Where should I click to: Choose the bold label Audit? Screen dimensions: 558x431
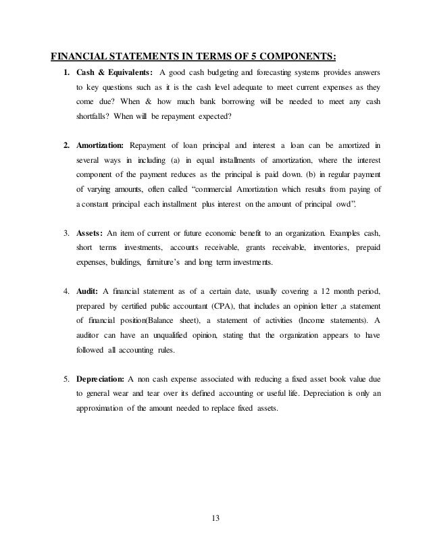click(x=85, y=291)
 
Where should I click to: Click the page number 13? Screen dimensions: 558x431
click(x=215, y=518)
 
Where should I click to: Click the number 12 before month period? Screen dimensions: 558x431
click(x=327, y=291)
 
